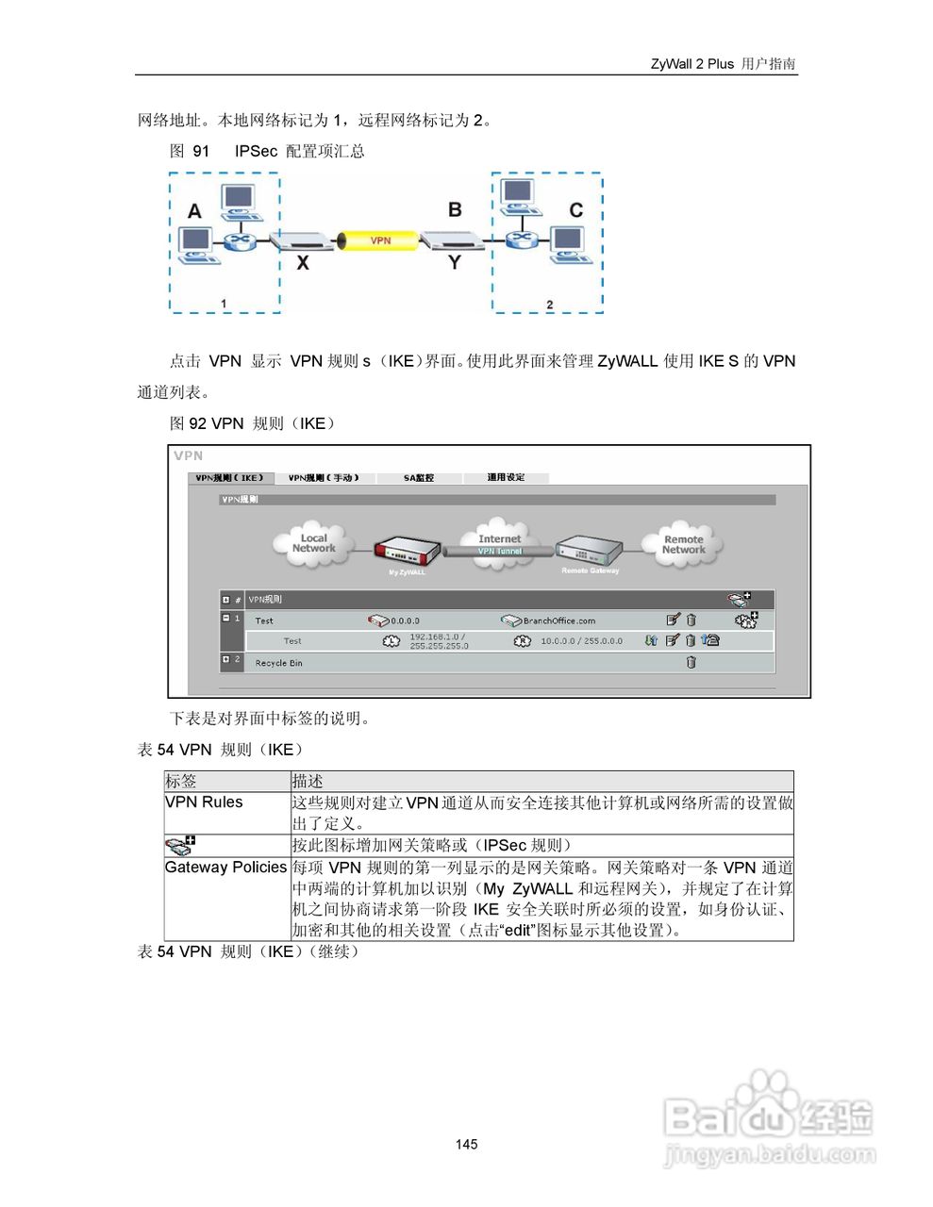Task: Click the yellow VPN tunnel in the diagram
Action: click(x=379, y=240)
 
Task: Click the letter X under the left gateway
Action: click(x=303, y=263)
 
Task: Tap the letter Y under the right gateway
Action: click(x=455, y=262)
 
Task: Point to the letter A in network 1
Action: click(x=194, y=210)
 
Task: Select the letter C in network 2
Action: click(x=575, y=209)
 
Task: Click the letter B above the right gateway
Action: click(x=455, y=209)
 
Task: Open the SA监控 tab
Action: click(x=419, y=478)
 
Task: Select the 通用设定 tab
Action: click(x=506, y=478)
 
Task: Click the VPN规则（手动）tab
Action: click(x=324, y=478)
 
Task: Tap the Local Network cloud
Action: click(x=313, y=544)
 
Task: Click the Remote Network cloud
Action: click(x=683, y=545)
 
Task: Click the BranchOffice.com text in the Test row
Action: click(x=558, y=620)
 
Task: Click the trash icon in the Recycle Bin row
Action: click(x=691, y=662)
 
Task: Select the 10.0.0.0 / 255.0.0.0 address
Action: click(x=581, y=641)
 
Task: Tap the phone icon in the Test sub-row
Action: click(x=710, y=640)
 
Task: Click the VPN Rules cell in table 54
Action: click(x=204, y=802)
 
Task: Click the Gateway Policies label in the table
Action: click(x=225, y=868)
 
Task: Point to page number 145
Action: click(x=466, y=1144)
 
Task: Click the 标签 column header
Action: click(x=181, y=781)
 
